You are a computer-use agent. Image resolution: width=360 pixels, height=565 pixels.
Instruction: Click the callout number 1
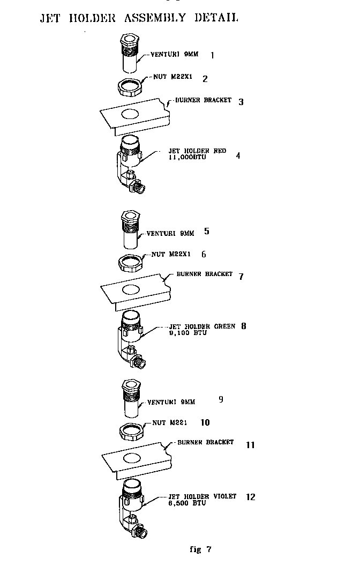click(212, 55)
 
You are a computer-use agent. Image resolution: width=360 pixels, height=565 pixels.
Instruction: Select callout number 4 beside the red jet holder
click(238, 155)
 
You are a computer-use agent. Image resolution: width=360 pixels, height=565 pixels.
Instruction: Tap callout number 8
click(244, 325)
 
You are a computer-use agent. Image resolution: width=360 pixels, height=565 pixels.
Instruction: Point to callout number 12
click(250, 497)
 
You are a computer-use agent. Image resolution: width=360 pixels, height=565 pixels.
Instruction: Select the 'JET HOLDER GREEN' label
click(202, 326)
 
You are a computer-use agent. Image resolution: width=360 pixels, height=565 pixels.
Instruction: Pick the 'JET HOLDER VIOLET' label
click(202, 496)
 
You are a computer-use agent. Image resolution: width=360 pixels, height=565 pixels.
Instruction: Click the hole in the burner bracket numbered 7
click(129, 289)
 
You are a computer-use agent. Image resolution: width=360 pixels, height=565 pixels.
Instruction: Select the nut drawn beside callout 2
click(129, 86)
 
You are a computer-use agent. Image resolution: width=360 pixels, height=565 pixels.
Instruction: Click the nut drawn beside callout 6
click(129, 261)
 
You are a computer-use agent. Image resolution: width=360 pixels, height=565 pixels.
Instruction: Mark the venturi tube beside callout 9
click(130, 400)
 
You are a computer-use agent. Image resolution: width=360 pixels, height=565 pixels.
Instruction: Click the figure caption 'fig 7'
click(201, 549)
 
